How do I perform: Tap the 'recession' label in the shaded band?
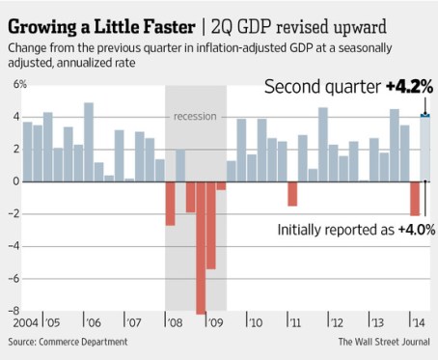click(x=195, y=117)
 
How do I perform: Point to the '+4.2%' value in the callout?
click(x=408, y=87)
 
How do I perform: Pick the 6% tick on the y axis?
click(x=13, y=85)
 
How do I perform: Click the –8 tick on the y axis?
click(x=13, y=311)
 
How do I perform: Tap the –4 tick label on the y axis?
click(x=13, y=246)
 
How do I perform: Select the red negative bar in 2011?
click(x=292, y=193)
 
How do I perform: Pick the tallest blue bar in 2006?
click(x=89, y=142)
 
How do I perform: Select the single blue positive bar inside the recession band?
click(x=180, y=165)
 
